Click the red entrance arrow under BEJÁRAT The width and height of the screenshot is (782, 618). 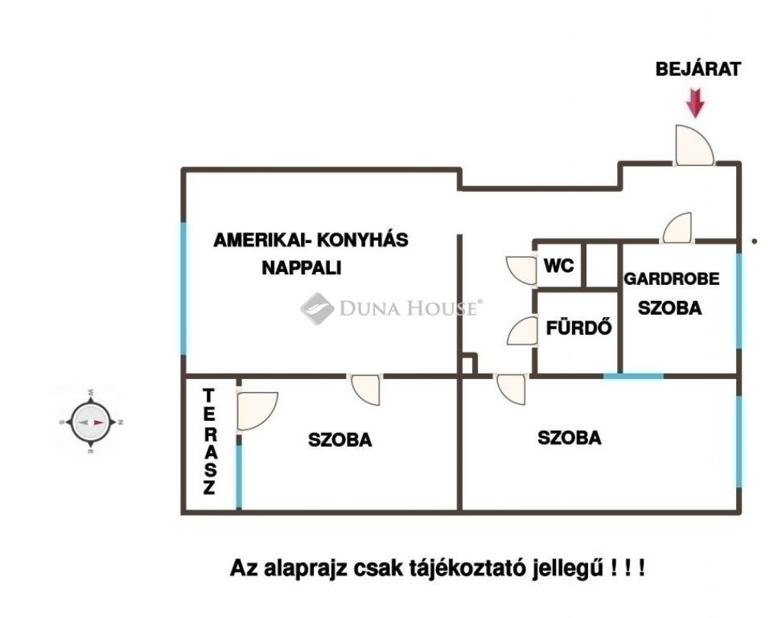coord(695,104)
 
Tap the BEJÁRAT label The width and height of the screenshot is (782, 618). coord(698,70)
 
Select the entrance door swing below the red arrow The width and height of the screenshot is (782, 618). coord(694,145)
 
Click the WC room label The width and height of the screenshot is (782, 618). coord(558,266)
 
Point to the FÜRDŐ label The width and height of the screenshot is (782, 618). coord(579,328)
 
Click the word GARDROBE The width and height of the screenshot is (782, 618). coord(671,279)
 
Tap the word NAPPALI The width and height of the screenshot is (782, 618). coord(302,268)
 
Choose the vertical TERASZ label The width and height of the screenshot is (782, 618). coord(209,442)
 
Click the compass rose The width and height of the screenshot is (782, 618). coord(90,422)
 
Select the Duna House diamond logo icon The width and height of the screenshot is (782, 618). coord(317,309)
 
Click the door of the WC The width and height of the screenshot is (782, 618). coord(521,270)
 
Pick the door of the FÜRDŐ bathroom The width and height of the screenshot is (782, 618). coord(522,332)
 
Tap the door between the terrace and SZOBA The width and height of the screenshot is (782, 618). coord(257,410)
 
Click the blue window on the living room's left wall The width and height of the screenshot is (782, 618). coord(183,289)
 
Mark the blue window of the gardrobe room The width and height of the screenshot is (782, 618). coord(738,301)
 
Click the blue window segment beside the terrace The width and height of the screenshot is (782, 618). coord(239,477)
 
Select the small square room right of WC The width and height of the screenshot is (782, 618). coord(601,265)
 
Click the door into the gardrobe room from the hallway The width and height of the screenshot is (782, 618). coord(677,228)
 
